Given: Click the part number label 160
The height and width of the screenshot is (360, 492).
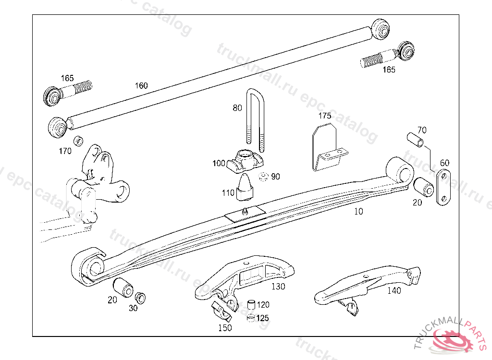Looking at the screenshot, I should click(141, 86).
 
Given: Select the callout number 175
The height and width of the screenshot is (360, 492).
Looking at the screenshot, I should click(325, 116).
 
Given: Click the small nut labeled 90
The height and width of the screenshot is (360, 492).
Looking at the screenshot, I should click(263, 177).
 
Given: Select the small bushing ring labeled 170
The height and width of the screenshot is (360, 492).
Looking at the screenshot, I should click(77, 142).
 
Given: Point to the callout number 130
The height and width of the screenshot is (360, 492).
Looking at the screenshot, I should click(278, 287).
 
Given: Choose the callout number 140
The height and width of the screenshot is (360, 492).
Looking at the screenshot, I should click(394, 290).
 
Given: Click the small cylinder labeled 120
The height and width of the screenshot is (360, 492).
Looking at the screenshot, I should click(250, 305).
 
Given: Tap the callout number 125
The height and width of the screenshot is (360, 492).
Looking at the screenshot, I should click(262, 318).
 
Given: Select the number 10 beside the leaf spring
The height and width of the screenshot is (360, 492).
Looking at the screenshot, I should click(358, 211).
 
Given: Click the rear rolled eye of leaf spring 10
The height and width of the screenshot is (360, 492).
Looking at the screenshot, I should click(401, 170).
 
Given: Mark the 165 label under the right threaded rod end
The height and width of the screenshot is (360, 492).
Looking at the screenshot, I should click(389, 70).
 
